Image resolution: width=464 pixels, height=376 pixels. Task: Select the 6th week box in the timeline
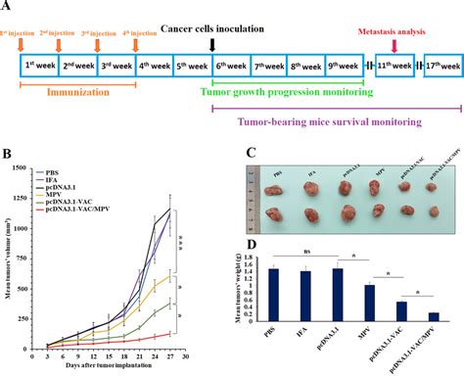coord(231,67)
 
